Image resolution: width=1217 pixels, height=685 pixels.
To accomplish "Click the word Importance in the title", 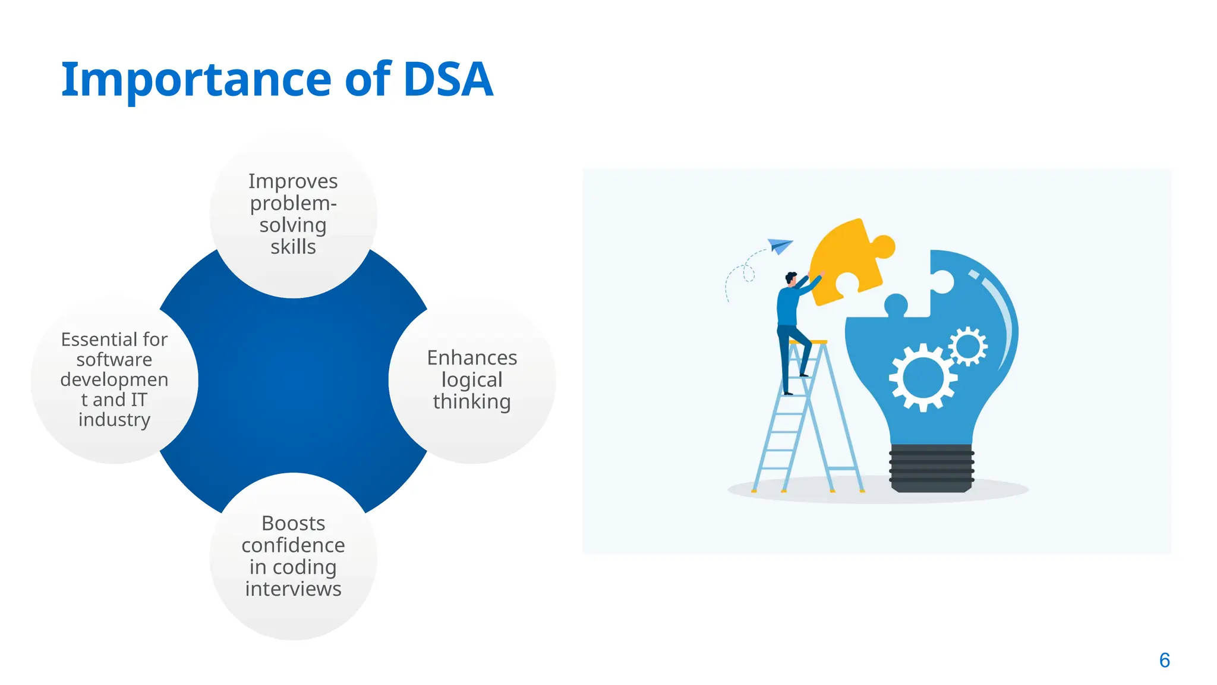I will [x=196, y=80].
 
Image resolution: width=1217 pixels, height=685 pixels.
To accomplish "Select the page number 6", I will [x=1164, y=660].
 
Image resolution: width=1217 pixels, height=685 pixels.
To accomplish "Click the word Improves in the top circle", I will [x=293, y=181].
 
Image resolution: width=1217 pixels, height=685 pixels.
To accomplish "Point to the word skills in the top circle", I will [x=293, y=247].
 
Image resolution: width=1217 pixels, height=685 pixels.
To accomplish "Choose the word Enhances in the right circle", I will [x=472, y=358].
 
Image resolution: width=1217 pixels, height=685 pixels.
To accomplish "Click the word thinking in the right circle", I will [x=472, y=402].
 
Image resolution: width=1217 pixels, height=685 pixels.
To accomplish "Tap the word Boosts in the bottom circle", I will [x=293, y=523].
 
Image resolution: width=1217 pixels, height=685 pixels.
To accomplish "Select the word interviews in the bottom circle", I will [x=293, y=589].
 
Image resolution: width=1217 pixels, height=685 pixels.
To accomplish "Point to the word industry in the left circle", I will [x=114, y=420].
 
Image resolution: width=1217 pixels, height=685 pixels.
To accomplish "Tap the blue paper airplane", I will [x=780, y=245].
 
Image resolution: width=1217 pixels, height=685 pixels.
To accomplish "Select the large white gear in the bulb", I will [x=922, y=377].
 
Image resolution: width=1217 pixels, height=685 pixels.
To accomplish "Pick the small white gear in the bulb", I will [x=968, y=346].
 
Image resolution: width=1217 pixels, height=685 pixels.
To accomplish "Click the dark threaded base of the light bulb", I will [x=931, y=469].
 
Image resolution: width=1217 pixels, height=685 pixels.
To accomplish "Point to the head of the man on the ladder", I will [x=791, y=278].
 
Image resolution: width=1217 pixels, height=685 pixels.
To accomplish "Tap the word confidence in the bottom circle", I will [x=293, y=545].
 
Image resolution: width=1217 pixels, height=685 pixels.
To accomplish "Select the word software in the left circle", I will [x=114, y=360].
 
